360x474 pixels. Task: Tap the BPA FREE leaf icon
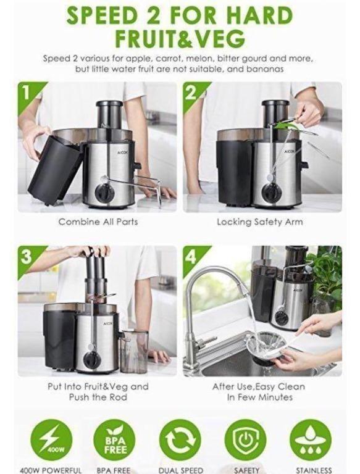114,439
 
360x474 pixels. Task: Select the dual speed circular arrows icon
180,439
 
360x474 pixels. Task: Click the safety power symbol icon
245,439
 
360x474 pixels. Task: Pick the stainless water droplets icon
311,439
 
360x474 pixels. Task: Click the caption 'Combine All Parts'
98,222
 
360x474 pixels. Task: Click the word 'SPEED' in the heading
108,15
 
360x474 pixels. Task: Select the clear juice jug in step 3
134,351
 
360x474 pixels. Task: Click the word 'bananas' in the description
267,69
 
